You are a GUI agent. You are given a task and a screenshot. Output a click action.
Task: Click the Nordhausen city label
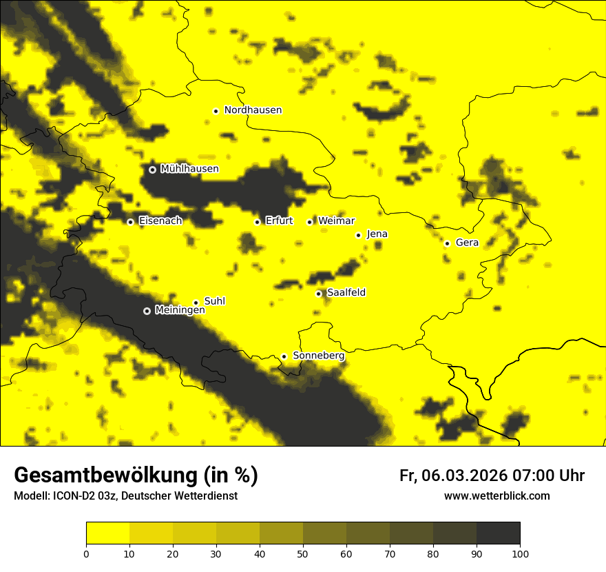[253, 110]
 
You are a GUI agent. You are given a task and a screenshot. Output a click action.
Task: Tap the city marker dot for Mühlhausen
[152, 170]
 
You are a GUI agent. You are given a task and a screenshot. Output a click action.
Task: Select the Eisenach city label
[160, 221]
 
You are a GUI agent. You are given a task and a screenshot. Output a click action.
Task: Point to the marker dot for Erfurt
[257, 222]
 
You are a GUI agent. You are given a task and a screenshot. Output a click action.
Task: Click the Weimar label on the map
[337, 221]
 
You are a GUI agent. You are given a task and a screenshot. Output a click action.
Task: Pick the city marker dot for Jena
[358, 235]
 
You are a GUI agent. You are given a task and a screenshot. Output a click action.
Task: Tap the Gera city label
[467, 243]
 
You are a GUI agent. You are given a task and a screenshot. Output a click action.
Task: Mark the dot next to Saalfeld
[318, 294]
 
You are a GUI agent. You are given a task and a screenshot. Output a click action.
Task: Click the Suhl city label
[214, 301]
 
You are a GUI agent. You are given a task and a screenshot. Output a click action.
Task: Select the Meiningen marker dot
[147, 311]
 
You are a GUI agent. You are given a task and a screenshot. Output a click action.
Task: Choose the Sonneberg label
[319, 356]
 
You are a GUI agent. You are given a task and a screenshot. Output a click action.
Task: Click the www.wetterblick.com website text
[497, 496]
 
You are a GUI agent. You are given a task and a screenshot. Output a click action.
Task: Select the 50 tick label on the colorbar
[303, 553]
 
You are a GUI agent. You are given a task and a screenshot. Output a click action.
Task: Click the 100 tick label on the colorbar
[520, 553]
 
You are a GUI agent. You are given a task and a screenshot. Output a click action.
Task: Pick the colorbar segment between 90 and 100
[498, 533]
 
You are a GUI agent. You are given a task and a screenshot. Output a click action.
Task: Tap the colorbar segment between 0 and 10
[107, 533]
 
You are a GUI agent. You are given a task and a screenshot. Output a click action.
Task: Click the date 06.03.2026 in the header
[465, 476]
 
